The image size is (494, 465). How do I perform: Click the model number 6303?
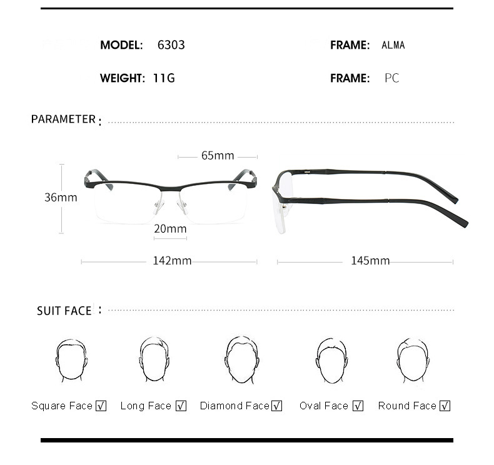point(171,45)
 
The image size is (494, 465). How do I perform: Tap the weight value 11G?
point(164,78)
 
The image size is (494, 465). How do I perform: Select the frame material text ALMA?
point(393,45)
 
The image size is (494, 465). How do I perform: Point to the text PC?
point(392,78)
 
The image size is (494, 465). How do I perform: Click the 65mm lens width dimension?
point(218,155)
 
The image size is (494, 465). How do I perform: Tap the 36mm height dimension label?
point(61,197)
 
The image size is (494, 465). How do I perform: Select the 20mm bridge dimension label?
point(171,228)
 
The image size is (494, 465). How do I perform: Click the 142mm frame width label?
point(172,261)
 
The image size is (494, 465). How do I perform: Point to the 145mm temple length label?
point(370,261)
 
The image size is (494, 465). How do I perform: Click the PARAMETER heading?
point(63,119)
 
